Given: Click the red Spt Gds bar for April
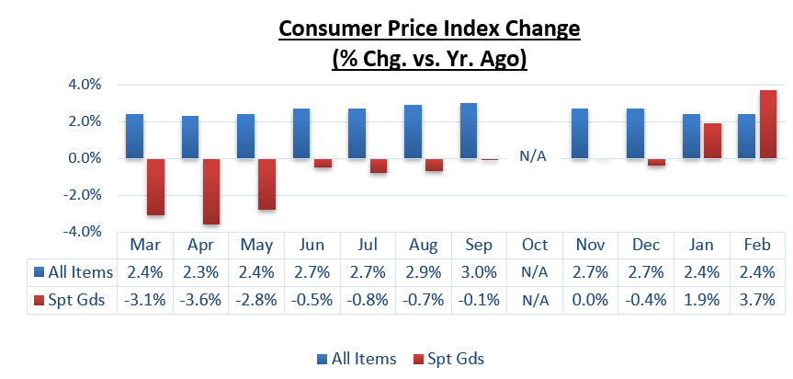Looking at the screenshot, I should [210, 190].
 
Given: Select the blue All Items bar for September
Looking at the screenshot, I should [469, 131].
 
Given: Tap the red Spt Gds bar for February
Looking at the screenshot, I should [767, 124].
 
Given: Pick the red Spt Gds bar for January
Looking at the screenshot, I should [712, 141].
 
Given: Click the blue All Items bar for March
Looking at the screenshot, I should [134, 136].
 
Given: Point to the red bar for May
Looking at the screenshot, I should [266, 183].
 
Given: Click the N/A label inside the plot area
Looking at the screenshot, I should [533, 155].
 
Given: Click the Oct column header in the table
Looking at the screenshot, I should [534, 245].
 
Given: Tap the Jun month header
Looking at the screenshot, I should [312, 245].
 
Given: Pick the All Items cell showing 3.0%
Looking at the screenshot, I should [478, 271].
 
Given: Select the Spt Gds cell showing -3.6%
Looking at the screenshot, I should [200, 299].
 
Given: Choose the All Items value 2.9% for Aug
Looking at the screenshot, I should [423, 271].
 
